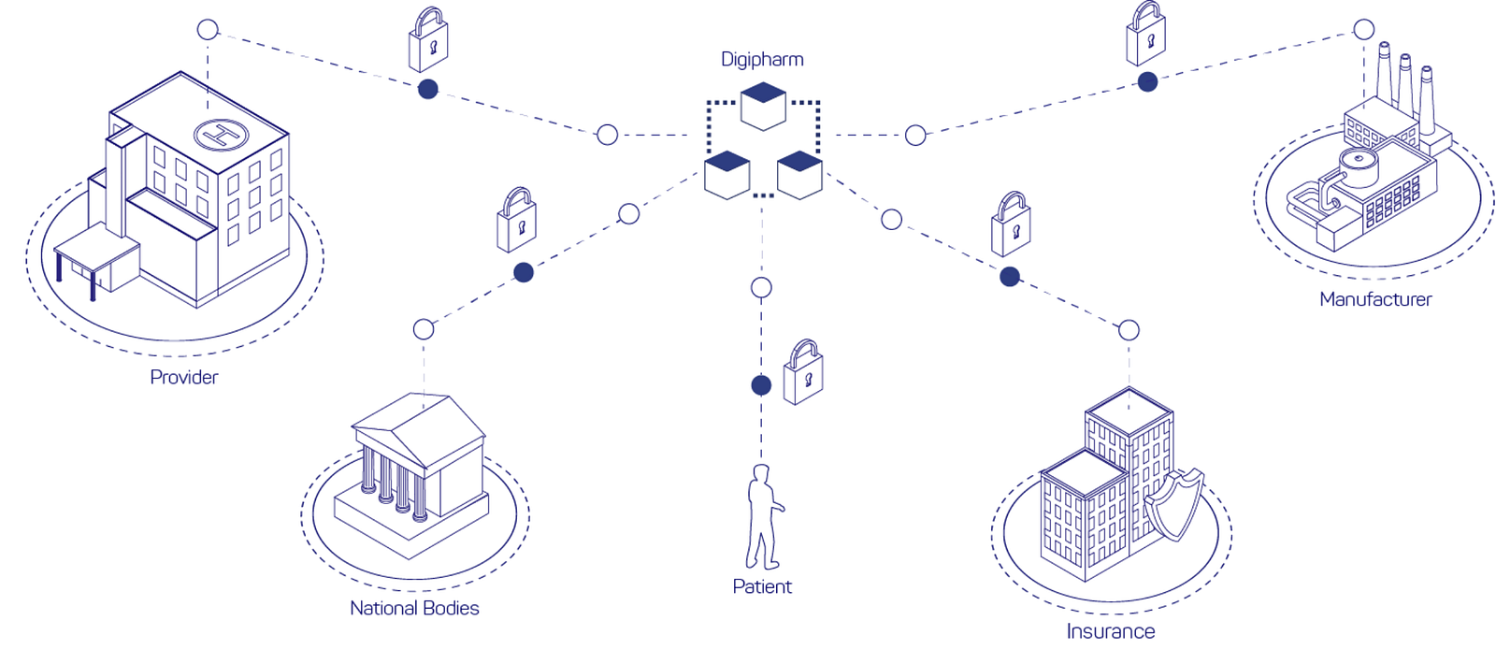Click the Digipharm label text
tap(762, 60)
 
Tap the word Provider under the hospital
tap(183, 378)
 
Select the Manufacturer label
tap(1375, 299)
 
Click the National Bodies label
tap(414, 608)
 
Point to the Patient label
tap(761, 586)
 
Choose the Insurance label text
tap(1110, 631)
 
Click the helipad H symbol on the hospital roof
tap(221, 135)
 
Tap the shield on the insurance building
tap(1174, 503)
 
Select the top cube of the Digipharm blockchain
tap(763, 106)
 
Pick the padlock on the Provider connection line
tap(428, 39)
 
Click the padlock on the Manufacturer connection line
tap(1146, 34)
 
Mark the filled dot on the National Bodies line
tap(524, 272)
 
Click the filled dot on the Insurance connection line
tap(1010, 276)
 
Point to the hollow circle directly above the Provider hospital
tap(208, 29)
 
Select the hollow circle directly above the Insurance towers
tap(1129, 330)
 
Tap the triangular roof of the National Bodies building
tap(419, 430)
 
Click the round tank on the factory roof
tap(1359, 167)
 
